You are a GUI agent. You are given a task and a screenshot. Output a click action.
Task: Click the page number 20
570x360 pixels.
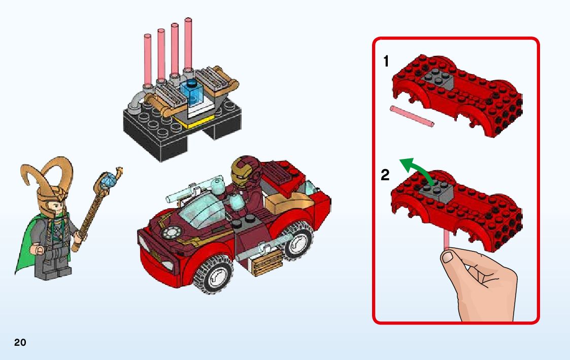(x=20, y=342)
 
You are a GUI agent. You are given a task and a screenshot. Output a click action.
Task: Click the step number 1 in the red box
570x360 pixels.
(x=386, y=61)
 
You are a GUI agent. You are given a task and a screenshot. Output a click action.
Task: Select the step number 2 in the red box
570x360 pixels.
(x=385, y=175)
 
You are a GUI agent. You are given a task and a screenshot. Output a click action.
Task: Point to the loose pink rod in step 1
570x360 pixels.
(x=412, y=116)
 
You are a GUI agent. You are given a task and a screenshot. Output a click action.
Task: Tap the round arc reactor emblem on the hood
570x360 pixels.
(x=171, y=233)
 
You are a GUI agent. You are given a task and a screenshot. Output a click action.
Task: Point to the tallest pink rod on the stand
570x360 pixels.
(x=188, y=44)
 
